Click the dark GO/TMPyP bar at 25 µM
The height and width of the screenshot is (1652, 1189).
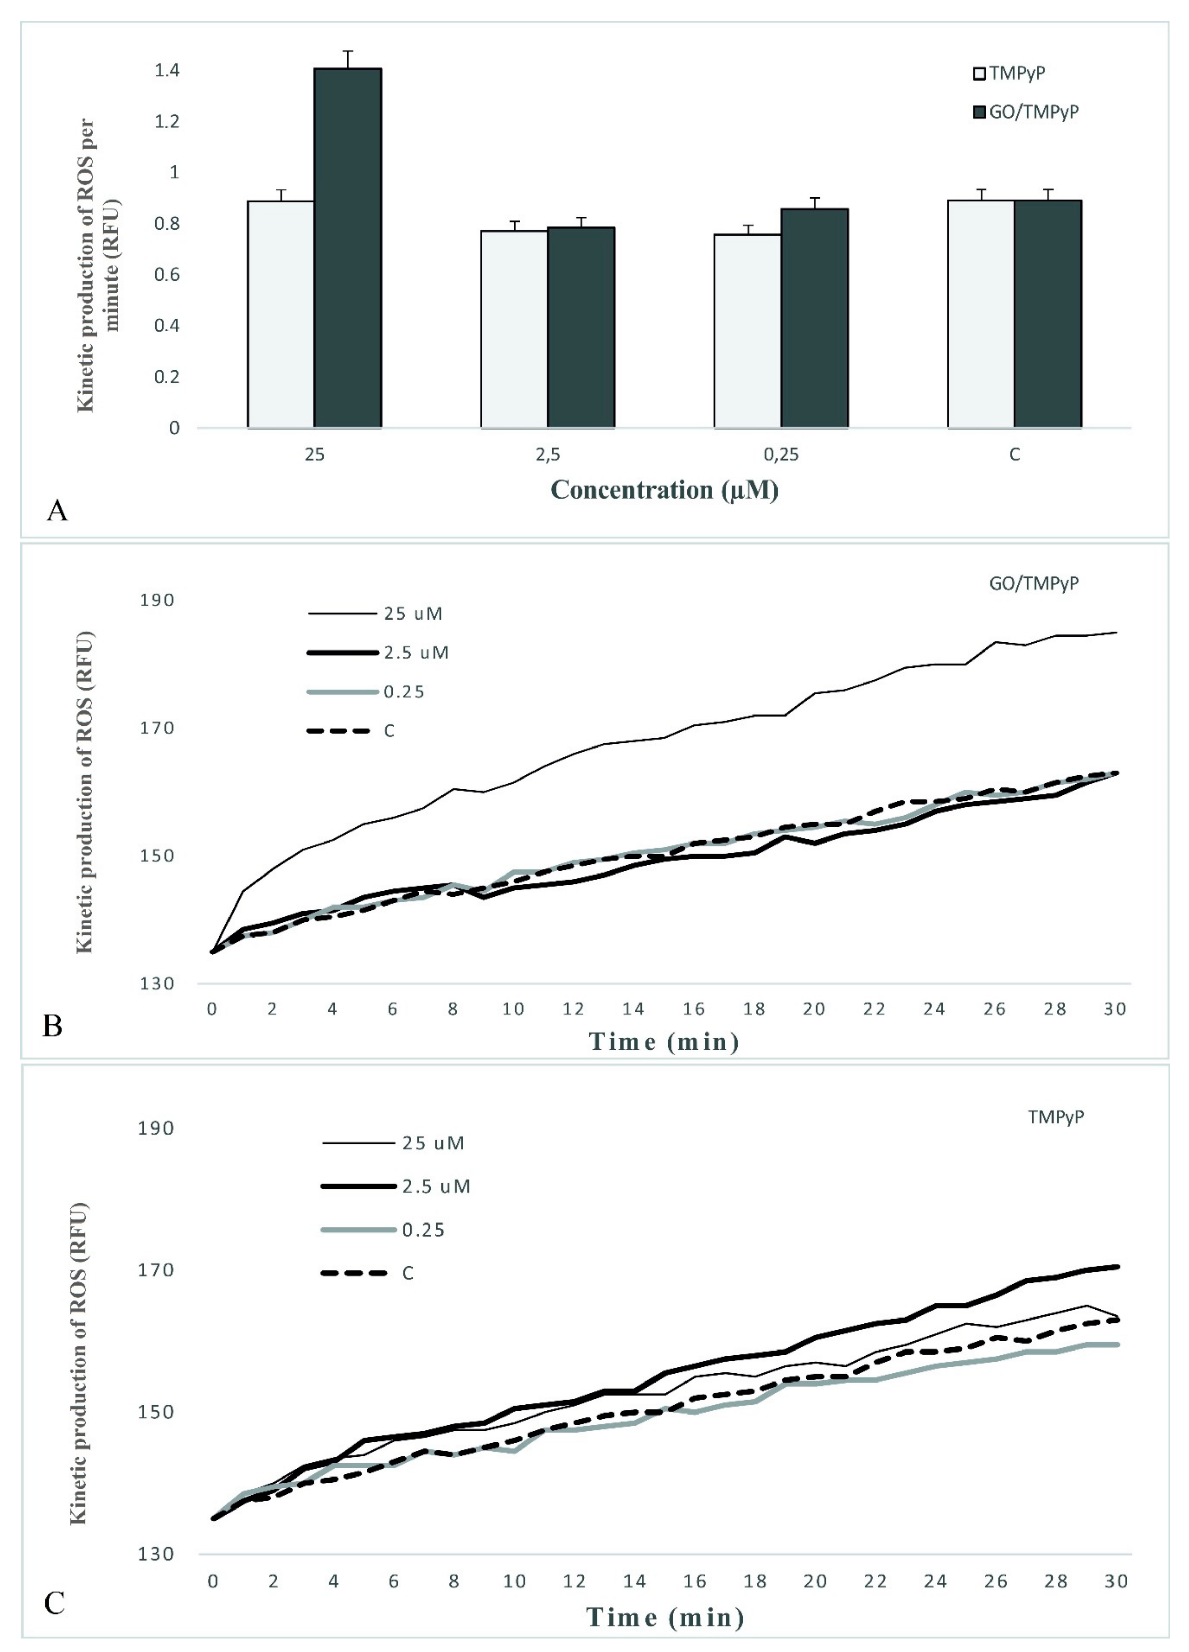tap(347, 248)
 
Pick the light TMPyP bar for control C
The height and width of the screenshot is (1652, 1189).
tap(981, 313)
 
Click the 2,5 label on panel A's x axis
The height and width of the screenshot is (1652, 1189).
tap(548, 454)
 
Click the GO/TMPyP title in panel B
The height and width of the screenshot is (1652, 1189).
tap(1033, 583)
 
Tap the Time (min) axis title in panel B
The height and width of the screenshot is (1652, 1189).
tap(664, 1042)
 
